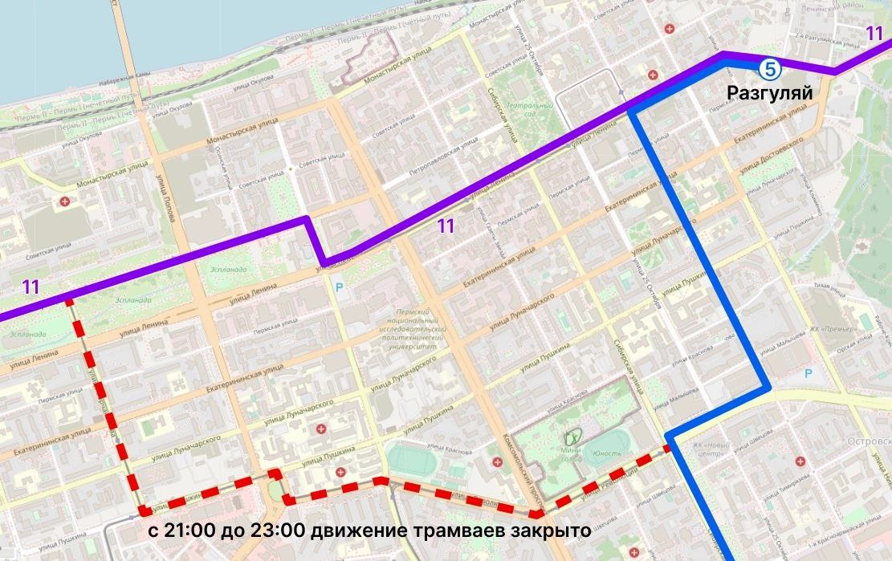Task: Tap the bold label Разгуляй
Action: pyautogui.click(x=769, y=93)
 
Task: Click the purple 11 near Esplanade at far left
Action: pyautogui.click(x=31, y=287)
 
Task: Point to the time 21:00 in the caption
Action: pyautogui.click(x=188, y=531)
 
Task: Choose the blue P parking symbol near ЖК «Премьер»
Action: pyautogui.click(x=809, y=374)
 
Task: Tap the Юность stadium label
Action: pyautogui.click(x=607, y=453)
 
